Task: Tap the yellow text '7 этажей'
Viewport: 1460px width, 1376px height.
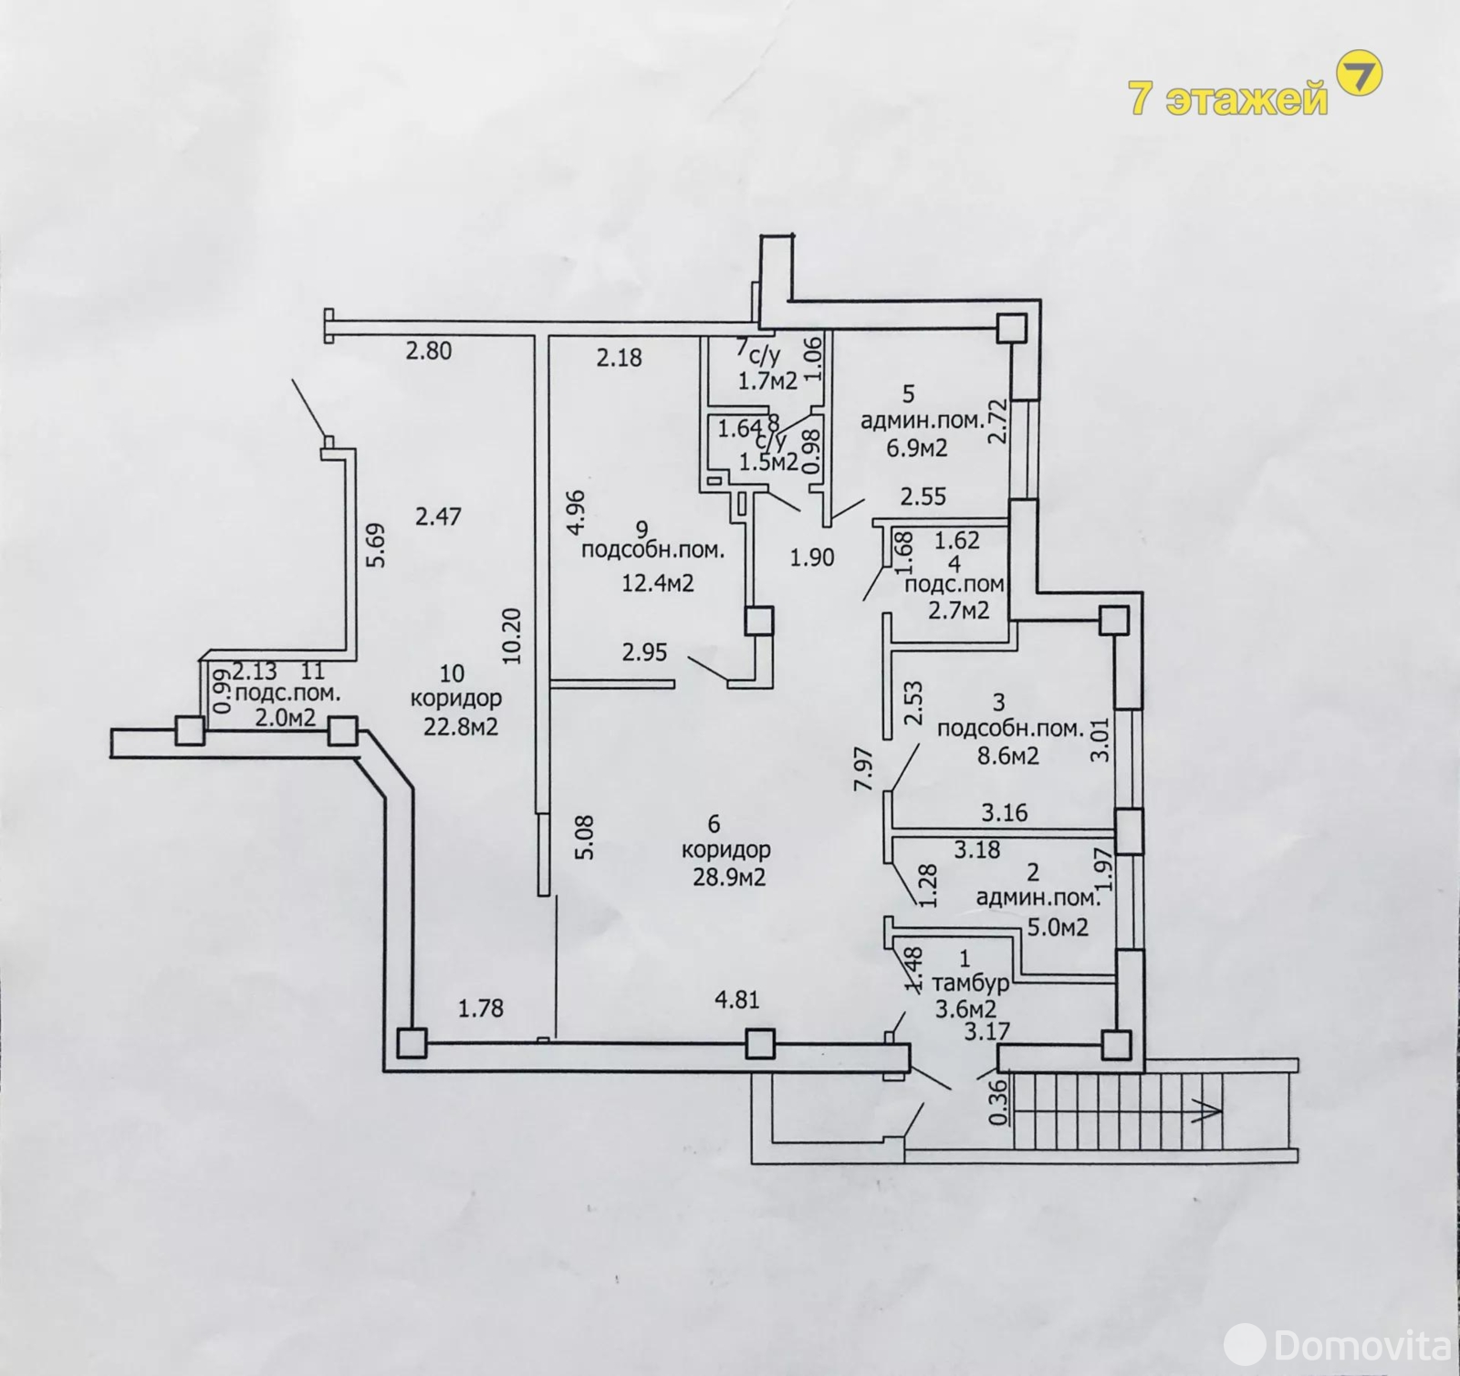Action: coord(1229,98)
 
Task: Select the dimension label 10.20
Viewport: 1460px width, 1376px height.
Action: coord(511,635)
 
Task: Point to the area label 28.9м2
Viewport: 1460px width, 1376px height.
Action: coord(728,878)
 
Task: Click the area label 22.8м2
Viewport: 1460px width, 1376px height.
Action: coord(460,727)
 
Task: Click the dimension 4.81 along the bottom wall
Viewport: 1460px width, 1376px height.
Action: coord(736,1000)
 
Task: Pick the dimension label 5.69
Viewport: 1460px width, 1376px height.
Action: coord(375,545)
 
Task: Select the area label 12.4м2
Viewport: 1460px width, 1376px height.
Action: coord(658,582)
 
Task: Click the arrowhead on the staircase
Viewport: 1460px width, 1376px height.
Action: coord(1211,1110)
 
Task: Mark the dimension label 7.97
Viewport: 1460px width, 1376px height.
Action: coord(863,768)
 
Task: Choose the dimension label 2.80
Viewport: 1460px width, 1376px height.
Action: coord(429,349)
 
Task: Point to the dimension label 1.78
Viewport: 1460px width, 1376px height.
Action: coord(481,1008)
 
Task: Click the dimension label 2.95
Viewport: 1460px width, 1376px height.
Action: coord(645,652)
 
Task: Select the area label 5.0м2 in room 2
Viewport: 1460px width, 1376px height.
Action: coord(1058,928)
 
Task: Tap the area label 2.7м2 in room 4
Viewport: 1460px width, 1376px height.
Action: coord(959,610)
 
